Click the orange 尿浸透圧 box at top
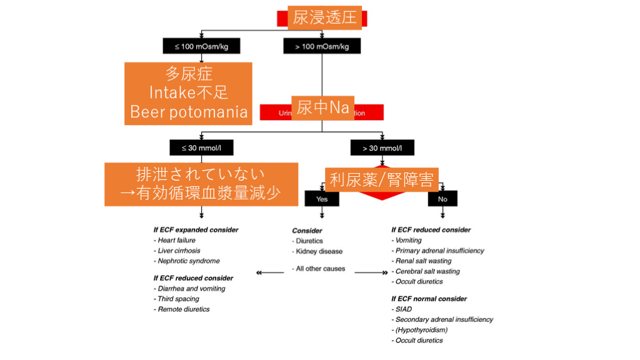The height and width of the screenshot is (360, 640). [324, 17]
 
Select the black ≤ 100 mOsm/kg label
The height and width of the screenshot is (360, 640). [201, 46]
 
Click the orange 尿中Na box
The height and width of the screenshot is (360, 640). [322, 107]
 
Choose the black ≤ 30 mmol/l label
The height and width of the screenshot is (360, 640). [201, 148]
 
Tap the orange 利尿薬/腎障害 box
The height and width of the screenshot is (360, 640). [381, 180]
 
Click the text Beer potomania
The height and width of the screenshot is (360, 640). [189, 112]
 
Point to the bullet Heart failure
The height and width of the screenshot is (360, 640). [176, 240]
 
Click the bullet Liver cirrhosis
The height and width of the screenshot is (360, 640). [179, 251]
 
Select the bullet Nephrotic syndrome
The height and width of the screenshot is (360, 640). [188, 261]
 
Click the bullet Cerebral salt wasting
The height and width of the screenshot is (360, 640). [427, 271]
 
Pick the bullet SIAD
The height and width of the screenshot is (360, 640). [403, 309]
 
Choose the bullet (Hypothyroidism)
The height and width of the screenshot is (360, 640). [421, 329]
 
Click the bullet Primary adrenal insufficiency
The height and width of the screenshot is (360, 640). [439, 251]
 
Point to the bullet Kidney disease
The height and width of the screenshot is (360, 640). [319, 251]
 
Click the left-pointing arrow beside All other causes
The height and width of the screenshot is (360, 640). [267, 272]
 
